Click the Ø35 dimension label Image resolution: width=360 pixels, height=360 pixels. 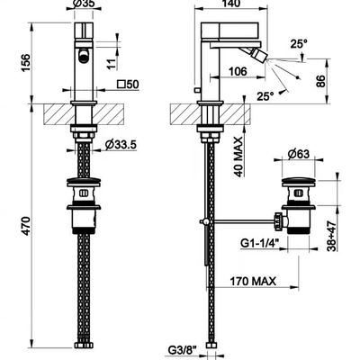(x=84, y=3)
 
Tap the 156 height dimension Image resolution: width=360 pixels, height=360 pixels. (x=26, y=63)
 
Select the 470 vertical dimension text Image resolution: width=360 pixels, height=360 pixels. (x=26, y=226)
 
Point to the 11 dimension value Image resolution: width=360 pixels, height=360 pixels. (x=111, y=63)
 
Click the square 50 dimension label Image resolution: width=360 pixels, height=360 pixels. (x=128, y=85)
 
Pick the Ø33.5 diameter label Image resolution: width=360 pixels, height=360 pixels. (x=121, y=145)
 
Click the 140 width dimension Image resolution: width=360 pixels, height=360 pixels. (x=231, y=3)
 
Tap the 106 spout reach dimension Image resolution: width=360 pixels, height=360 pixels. (x=238, y=71)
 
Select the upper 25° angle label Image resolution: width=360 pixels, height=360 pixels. (x=299, y=44)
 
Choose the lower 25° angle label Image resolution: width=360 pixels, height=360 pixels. (x=265, y=96)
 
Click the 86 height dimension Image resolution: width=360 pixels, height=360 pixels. (x=320, y=81)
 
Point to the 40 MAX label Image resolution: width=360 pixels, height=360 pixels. (x=238, y=157)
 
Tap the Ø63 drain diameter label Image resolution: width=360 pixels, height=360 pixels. (x=298, y=154)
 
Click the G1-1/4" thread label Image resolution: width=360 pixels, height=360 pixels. (x=260, y=243)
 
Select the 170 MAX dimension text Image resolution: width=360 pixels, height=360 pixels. (x=253, y=282)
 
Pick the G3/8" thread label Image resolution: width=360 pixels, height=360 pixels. (x=183, y=350)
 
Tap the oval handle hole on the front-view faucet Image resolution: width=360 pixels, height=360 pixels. (x=85, y=56)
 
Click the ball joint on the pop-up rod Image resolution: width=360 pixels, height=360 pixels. (x=205, y=221)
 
